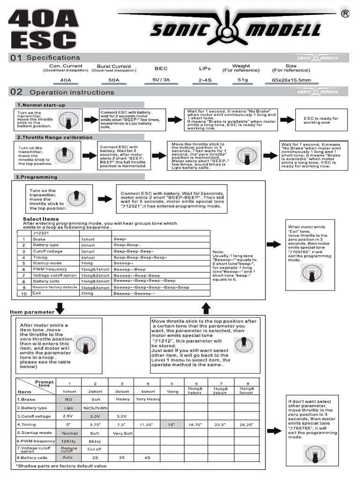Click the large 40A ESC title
click(43, 29)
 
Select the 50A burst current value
click(114, 80)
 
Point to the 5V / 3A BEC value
click(161, 80)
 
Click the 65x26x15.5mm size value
click(291, 80)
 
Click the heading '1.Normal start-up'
click(41, 105)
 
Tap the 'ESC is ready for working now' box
click(321, 120)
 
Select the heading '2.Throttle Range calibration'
click(55, 137)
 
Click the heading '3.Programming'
click(37, 177)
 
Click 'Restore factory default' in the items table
click(54, 287)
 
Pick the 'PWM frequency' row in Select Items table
click(50, 270)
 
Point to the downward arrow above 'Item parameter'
click(60, 308)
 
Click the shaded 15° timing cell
click(172, 424)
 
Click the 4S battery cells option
click(147, 457)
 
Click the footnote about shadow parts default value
click(61, 466)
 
